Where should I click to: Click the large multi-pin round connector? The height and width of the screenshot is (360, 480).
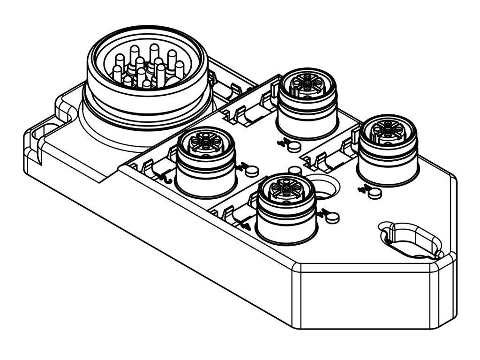[x=148, y=75]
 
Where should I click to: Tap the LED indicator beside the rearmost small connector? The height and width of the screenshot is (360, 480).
[x=294, y=147]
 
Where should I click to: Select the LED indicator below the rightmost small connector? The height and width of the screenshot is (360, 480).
[x=374, y=193]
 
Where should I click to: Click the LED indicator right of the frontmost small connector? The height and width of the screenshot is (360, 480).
[x=332, y=217]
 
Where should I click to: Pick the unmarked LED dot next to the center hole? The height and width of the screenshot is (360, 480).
[x=294, y=170]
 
